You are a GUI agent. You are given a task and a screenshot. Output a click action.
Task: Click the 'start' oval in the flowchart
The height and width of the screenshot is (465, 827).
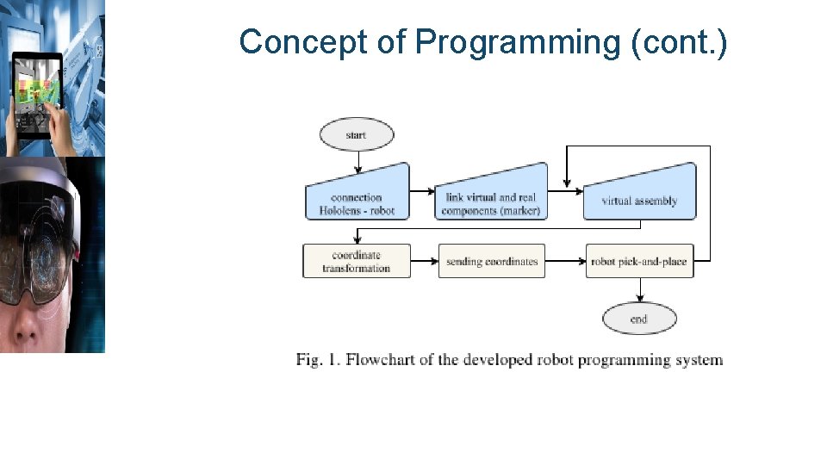[356, 135]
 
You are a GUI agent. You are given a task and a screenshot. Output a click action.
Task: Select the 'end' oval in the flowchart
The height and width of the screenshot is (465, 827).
[638, 319]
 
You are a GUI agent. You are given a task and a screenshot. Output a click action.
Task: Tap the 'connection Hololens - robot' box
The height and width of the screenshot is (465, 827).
[357, 196]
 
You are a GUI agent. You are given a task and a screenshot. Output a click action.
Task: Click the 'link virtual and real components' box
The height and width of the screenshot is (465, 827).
[491, 196]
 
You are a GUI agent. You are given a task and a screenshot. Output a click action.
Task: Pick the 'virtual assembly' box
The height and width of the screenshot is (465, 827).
[639, 195]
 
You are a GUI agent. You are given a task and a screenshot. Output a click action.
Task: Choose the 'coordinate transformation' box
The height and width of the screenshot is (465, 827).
[357, 261]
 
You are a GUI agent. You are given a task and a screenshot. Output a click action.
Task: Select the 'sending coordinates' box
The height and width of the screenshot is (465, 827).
[492, 261]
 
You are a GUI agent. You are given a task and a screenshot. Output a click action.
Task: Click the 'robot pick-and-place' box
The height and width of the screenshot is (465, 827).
[639, 261]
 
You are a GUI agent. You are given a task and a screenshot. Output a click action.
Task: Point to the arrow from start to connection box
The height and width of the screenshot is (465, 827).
[357, 161]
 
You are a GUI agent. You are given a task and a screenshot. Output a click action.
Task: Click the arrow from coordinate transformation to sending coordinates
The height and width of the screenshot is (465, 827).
[425, 261]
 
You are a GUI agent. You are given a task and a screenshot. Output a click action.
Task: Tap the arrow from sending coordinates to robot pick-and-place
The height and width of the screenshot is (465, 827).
[565, 261]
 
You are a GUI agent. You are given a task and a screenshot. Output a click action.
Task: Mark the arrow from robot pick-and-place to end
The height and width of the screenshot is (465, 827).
[639, 290]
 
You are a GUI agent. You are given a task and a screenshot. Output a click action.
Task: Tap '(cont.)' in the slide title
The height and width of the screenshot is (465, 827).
[679, 41]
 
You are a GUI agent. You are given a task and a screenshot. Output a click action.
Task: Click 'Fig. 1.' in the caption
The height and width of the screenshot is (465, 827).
[318, 360]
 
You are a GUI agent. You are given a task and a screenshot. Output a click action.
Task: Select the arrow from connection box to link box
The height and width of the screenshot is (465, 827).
[422, 191]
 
